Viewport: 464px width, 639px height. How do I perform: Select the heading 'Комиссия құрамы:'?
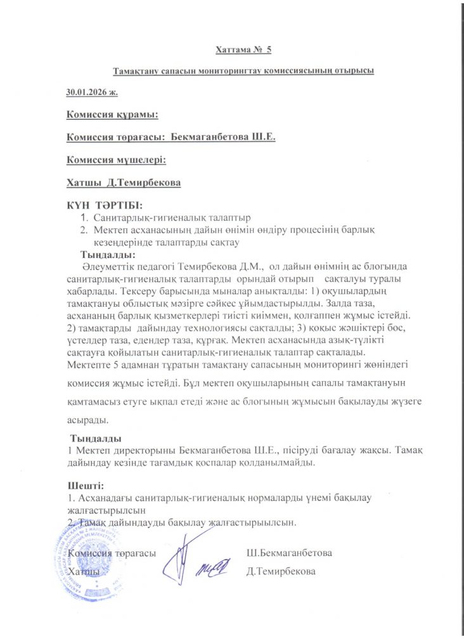[112, 115]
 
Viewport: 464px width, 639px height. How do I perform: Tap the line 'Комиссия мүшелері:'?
[116, 160]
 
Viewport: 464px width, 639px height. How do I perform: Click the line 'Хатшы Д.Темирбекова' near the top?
[124, 183]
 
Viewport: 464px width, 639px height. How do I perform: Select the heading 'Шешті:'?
[86, 486]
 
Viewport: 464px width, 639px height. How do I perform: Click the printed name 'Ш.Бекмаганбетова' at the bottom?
[289, 553]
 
